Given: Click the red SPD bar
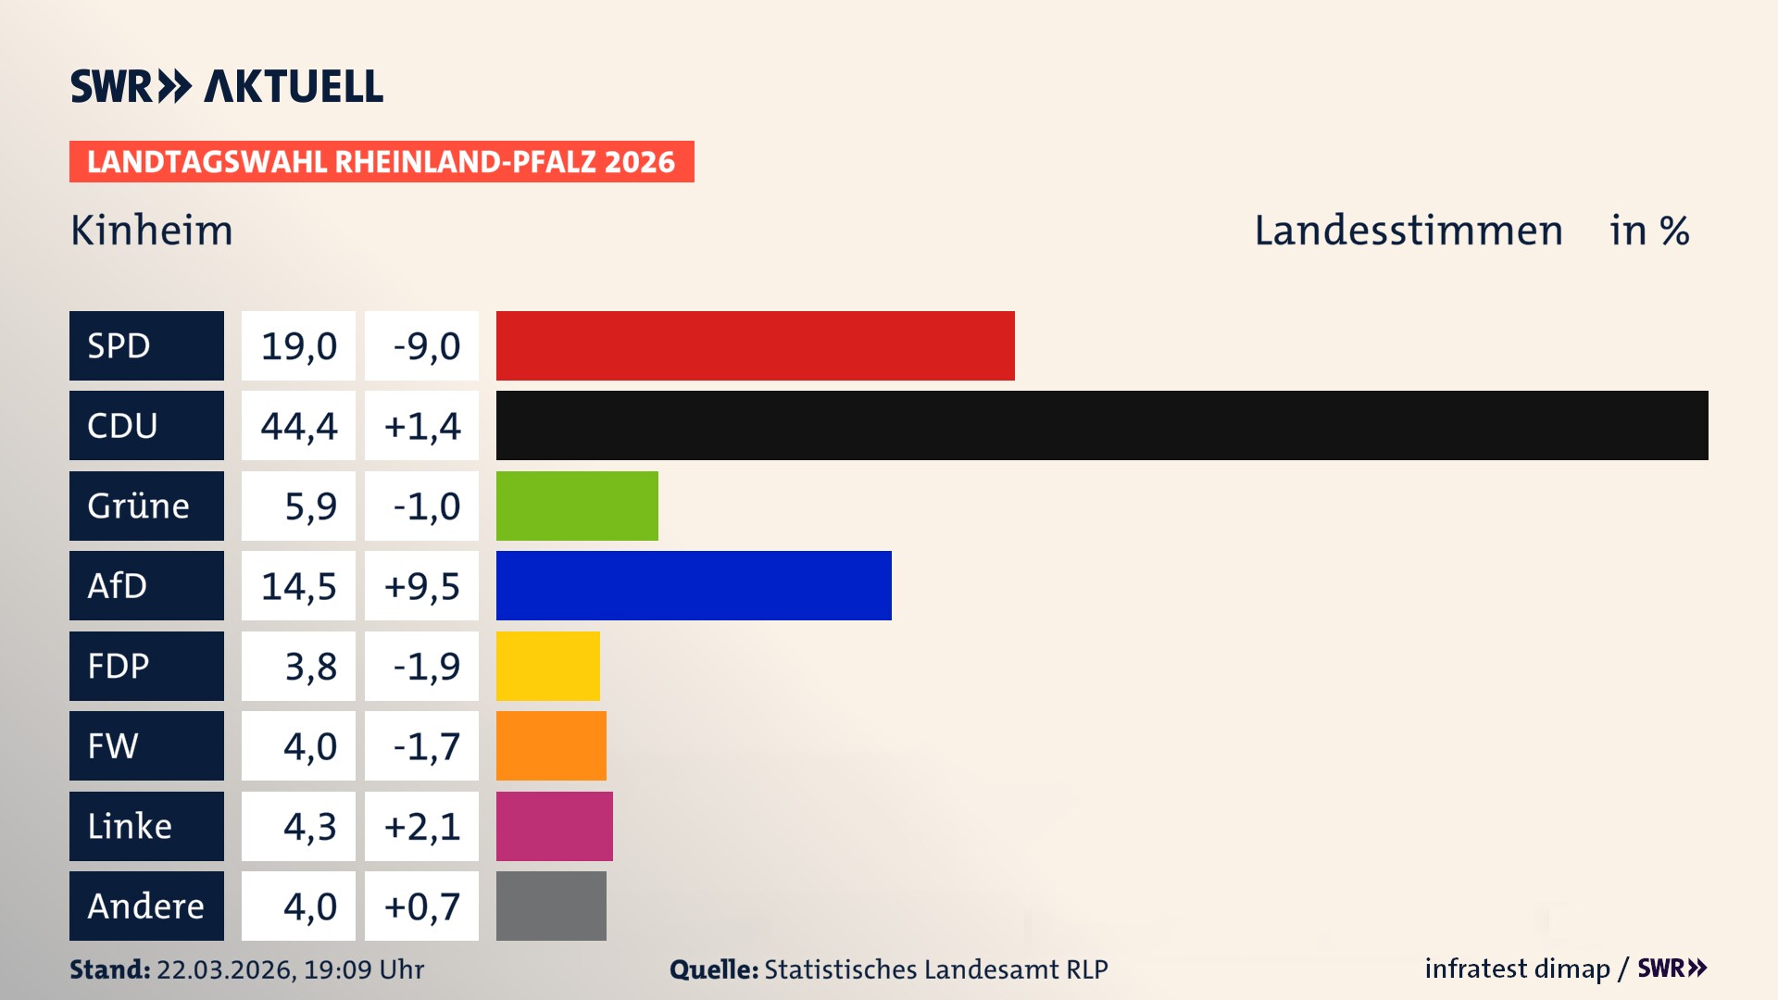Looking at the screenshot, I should point(755,345).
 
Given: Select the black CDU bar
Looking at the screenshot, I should point(1102,425).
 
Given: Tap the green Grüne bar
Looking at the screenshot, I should point(577,506).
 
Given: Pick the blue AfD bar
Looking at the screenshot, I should point(694,585).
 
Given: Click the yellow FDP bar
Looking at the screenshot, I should point(547,666).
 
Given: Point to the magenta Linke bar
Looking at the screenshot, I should point(554,826).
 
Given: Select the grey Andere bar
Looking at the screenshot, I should point(551,906).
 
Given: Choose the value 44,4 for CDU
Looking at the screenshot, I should point(298,426).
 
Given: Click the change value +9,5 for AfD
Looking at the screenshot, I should point(421,586).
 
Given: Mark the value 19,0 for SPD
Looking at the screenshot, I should point(298,346).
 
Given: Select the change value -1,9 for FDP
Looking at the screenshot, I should point(425,666).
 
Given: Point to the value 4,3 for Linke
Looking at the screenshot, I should point(309,826).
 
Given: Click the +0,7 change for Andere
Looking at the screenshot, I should point(421,906).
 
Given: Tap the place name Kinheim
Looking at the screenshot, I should point(152,231).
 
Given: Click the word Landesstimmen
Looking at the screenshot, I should point(1408,231).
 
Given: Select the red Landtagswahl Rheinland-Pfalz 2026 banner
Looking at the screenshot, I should point(382,162).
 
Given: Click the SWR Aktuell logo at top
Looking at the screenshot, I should point(227,86).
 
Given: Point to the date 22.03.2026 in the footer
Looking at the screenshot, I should point(224,969).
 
